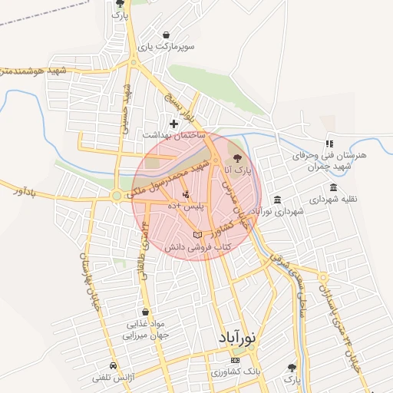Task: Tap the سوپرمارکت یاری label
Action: (x=166, y=47)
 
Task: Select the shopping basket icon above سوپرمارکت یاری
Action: (x=166, y=35)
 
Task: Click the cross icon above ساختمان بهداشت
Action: (x=174, y=123)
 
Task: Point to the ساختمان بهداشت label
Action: (x=174, y=134)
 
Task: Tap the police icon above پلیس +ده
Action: (x=186, y=194)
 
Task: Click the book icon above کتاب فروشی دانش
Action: (x=197, y=234)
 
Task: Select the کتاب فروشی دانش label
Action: (x=197, y=247)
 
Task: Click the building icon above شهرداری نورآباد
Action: (x=277, y=198)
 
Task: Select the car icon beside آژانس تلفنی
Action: (x=114, y=366)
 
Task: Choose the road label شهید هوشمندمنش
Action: (x=35, y=72)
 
